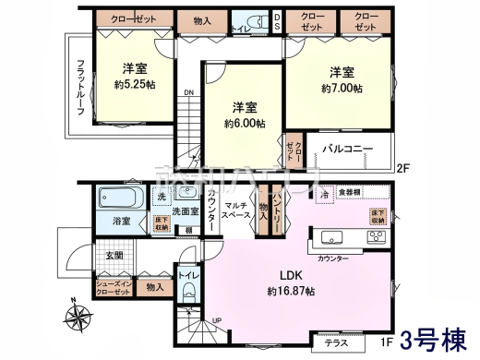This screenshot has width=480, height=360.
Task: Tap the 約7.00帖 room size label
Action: tap(342, 89)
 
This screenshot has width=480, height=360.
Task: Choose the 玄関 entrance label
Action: tap(113, 255)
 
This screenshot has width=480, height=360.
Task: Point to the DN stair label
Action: tap(188, 93)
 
